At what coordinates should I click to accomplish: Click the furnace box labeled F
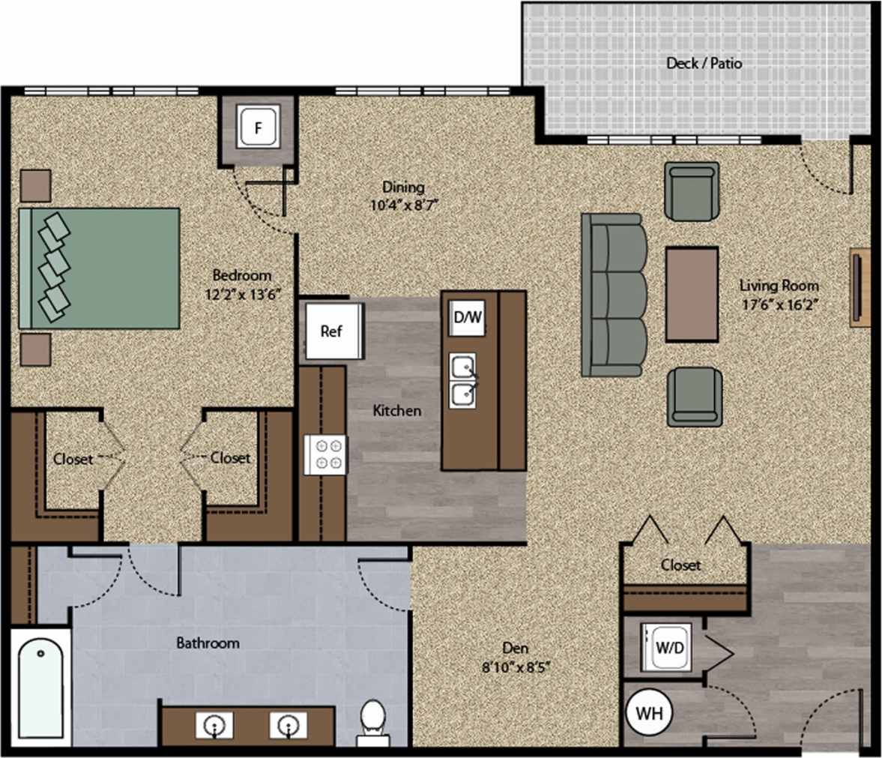pos(259,127)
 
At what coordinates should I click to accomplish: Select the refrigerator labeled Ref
pos(331,331)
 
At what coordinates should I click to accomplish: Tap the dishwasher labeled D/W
pos(468,318)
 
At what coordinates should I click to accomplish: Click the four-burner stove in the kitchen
pos(326,454)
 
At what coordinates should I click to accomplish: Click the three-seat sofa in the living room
pos(614,295)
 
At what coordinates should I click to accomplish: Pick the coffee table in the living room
pos(692,294)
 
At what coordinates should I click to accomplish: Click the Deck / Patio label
pos(704,63)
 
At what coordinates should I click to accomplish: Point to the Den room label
pos(515,648)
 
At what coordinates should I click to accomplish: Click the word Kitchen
pos(396,411)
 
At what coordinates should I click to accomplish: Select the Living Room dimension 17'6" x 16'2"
pos(779,304)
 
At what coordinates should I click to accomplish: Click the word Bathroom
pos(208,643)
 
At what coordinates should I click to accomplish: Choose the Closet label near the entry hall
pos(680,565)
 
